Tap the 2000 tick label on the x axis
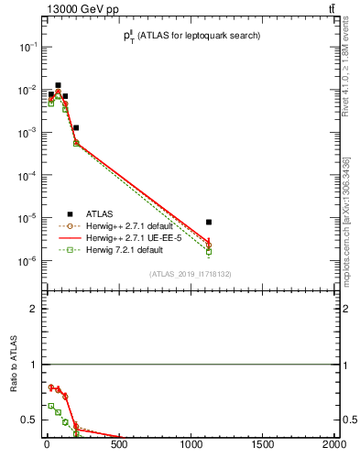tap(334, 446)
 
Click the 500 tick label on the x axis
tap(118, 446)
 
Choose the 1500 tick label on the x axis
tap(263, 446)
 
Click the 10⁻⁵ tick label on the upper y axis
tap(29, 218)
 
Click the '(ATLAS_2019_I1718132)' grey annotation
tap(191, 274)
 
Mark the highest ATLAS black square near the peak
tap(58, 85)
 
